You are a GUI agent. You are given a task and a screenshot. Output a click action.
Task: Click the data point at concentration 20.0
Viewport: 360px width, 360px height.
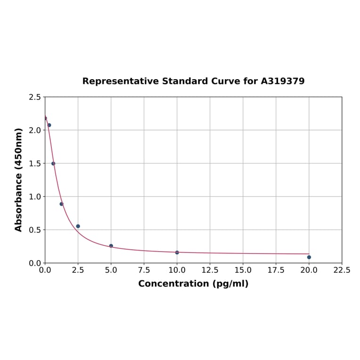click(x=309, y=257)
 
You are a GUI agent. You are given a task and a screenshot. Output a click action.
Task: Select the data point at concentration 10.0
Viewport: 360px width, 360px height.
click(x=177, y=253)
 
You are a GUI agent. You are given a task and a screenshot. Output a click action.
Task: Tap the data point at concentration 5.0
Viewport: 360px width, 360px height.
click(x=111, y=245)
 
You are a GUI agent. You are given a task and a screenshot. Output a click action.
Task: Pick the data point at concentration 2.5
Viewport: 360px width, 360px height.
click(x=78, y=226)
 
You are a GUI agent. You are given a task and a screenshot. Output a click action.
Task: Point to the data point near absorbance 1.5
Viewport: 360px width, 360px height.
click(x=53, y=164)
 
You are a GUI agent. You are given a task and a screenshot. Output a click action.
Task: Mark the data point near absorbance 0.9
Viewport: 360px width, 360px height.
click(x=61, y=204)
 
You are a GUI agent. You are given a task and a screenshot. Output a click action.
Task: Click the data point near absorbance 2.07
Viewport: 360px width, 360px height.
click(x=49, y=125)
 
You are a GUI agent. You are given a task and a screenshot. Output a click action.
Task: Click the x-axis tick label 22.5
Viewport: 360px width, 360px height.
click(x=342, y=270)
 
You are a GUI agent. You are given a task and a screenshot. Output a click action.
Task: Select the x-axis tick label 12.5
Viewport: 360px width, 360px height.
click(x=210, y=270)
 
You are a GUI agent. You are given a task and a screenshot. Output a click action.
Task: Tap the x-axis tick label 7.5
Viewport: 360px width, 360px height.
click(x=144, y=270)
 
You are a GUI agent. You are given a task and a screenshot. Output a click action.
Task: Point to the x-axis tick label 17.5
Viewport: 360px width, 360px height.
click(x=276, y=270)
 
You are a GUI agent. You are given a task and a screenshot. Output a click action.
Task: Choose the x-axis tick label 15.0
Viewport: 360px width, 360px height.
click(x=243, y=270)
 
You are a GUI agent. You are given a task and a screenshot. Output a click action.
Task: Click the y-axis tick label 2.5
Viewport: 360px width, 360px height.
click(x=34, y=97)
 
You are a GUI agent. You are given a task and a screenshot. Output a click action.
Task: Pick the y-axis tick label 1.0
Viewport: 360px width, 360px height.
click(x=34, y=196)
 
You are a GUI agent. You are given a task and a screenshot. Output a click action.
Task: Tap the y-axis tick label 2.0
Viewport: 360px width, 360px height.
click(x=34, y=130)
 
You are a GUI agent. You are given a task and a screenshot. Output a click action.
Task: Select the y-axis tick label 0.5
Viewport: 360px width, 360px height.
click(x=34, y=230)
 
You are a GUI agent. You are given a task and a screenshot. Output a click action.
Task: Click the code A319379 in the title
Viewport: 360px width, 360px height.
click(x=283, y=81)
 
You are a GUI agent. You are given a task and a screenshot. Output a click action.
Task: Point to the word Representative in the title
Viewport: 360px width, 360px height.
click(x=121, y=81)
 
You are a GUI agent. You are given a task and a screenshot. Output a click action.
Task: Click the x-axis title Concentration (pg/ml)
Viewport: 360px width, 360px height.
click(x=193, y=284)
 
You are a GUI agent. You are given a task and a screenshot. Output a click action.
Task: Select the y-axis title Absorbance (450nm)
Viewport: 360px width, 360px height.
click(x=19, y=180)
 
